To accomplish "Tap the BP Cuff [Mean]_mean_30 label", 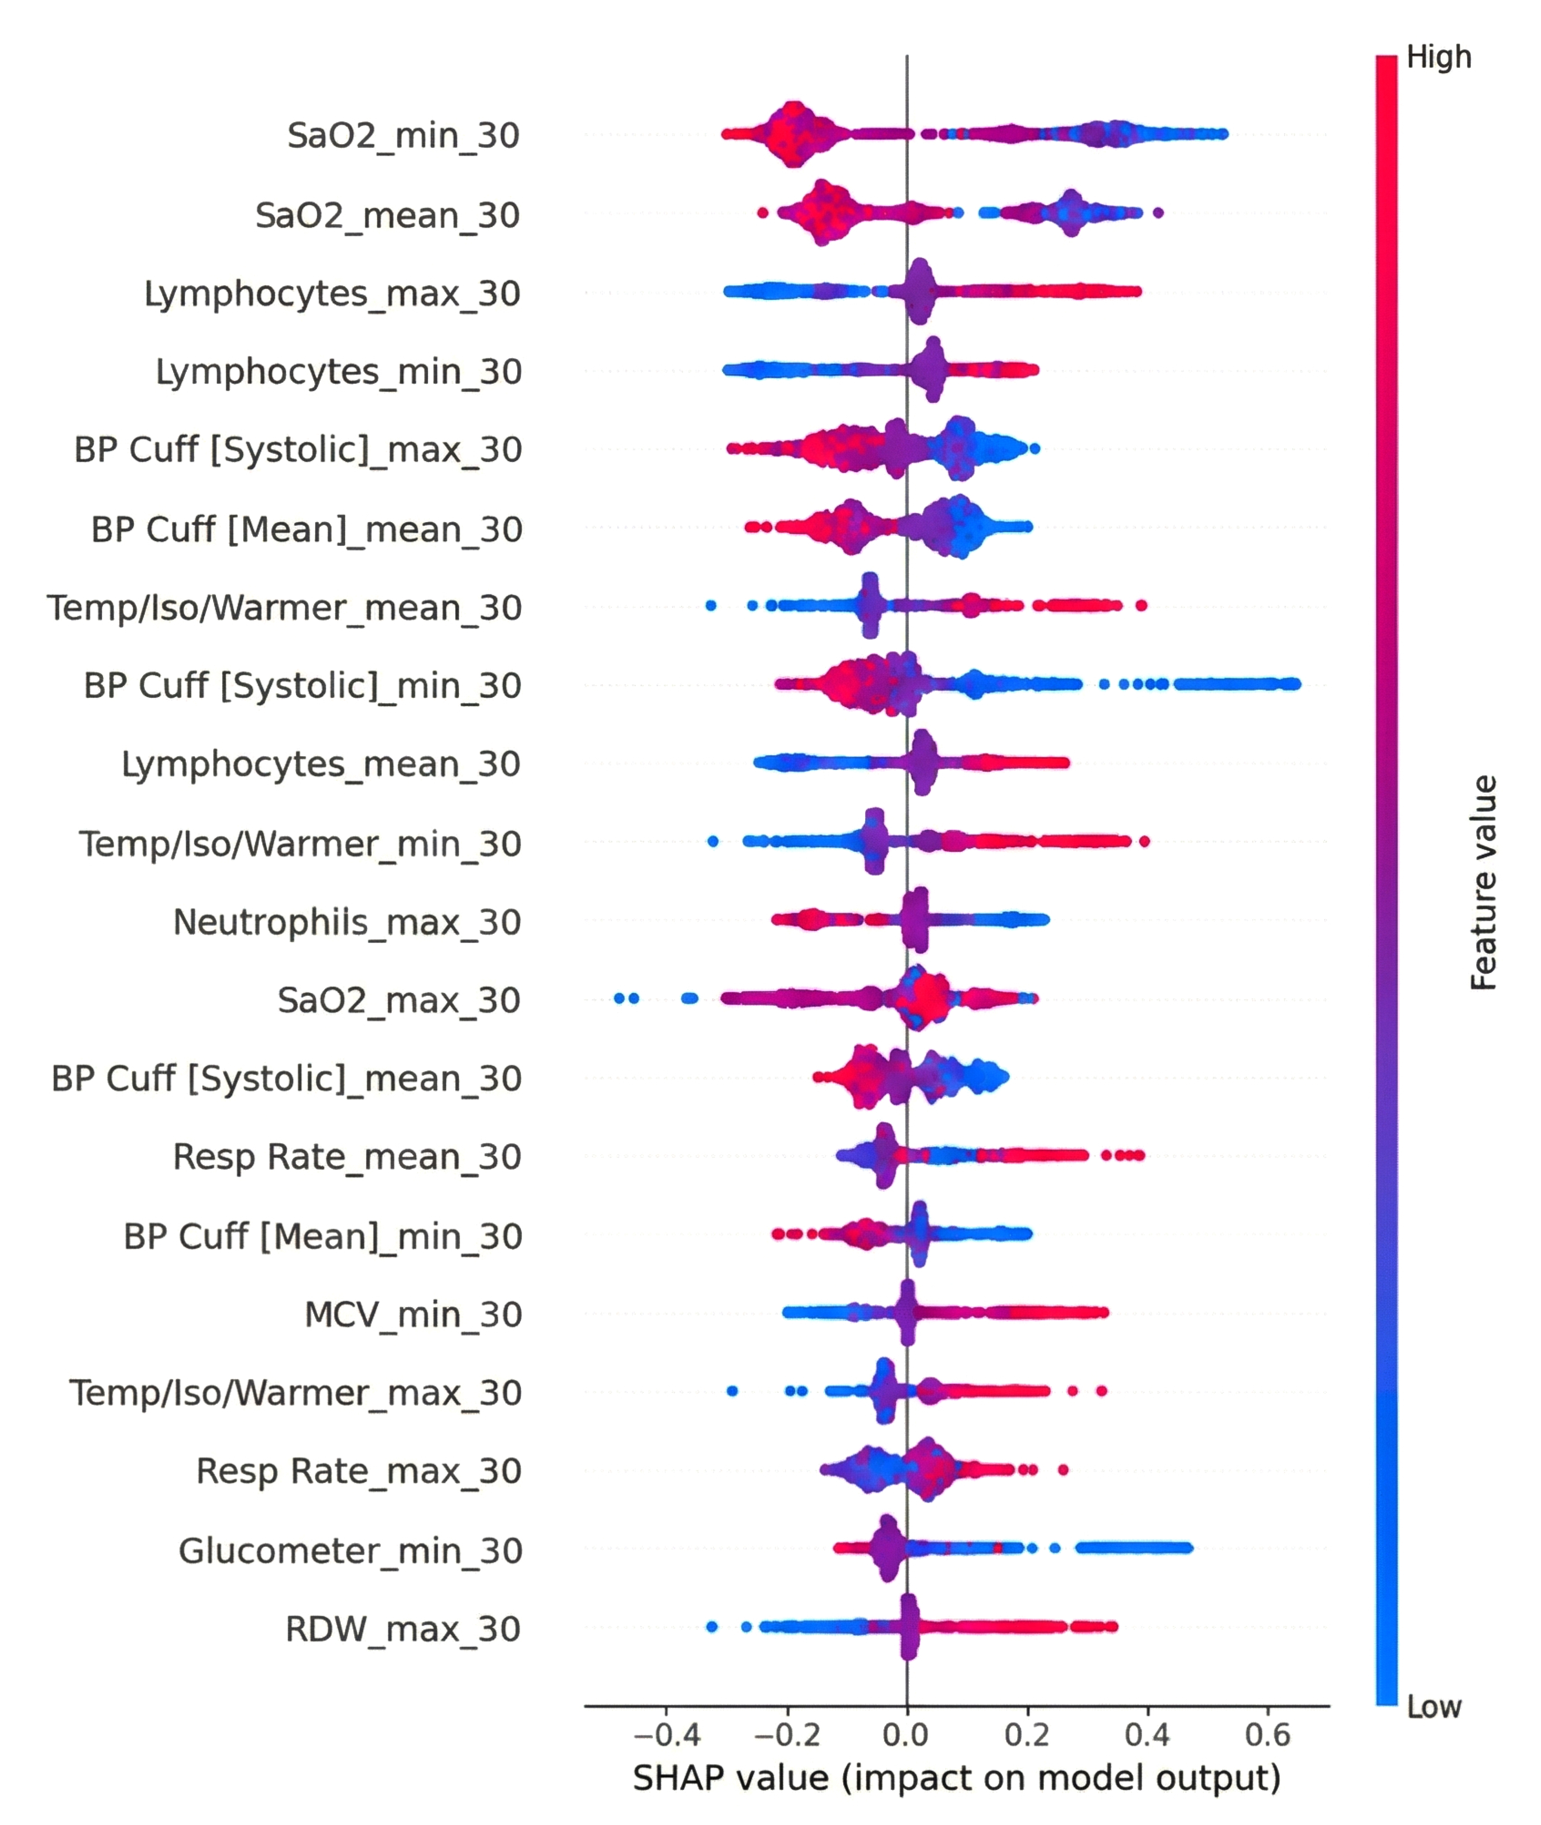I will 307,530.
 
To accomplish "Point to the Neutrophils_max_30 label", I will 347,922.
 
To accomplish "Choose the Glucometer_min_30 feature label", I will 350,1551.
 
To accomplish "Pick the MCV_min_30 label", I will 413,1314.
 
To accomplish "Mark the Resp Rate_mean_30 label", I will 347,1157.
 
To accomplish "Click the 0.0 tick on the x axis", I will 906,1734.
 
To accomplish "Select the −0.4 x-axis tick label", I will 666,1734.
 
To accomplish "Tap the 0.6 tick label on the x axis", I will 1268,1734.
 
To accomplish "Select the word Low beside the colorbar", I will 1434,1706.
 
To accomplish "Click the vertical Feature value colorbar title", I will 1483,883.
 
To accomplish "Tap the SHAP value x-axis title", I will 957,1778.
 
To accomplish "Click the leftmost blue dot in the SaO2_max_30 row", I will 619,998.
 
